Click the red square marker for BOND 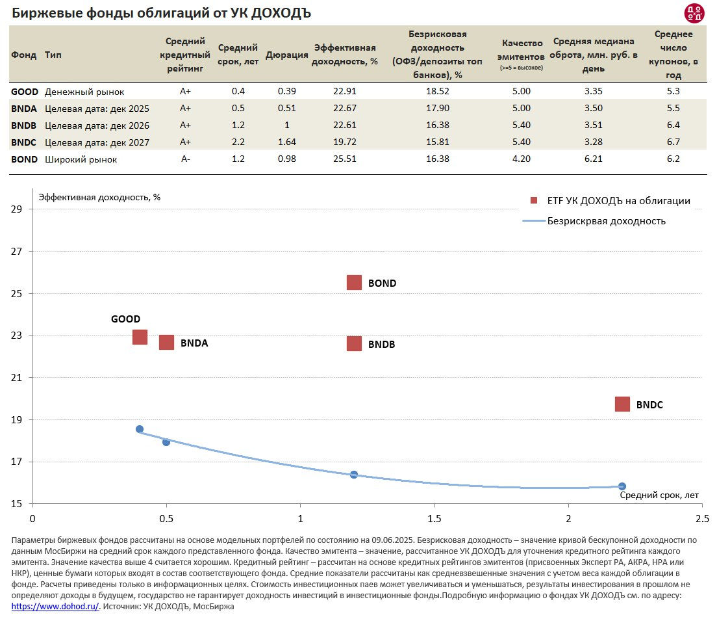coord(354,282)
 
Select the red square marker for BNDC coord(622,404)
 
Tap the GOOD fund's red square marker coord(140,337)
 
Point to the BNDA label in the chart coord(194,343)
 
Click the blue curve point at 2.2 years coord(622,486)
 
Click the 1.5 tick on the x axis coord(434,518)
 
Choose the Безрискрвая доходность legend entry coord(606,220)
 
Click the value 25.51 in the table coord(345,159)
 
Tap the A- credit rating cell coord(185,159)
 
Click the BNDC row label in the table coord(24,142)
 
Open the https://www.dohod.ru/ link coord(55,605)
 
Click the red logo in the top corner coord(694,12)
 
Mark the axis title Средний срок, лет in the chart coord(659,495)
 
